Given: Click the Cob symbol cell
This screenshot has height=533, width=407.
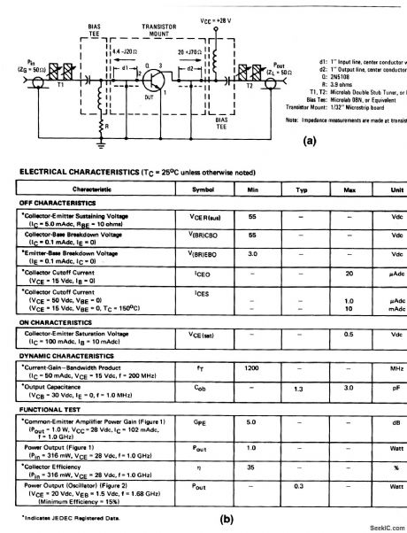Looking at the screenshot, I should (203, 386).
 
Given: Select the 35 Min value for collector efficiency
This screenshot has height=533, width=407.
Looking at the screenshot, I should (252, 465).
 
